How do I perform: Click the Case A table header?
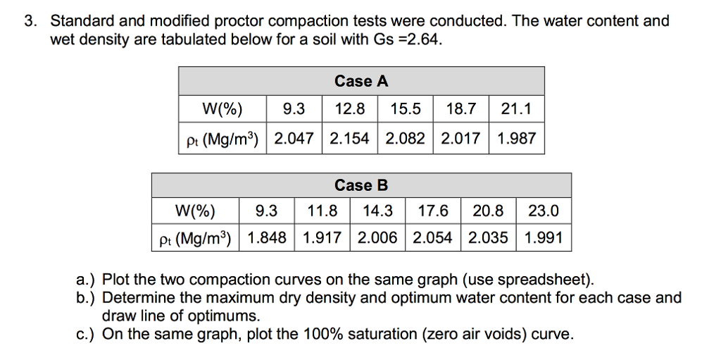[x=361, y=82]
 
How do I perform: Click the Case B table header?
[x=361, y=186]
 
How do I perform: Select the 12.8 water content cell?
[x=350, y=109]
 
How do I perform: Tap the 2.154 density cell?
[x=350, y=139]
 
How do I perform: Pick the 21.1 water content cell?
[x=516, y=109]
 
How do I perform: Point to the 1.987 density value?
[x=516, y=139]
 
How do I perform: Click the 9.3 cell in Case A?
[x=294, y=109]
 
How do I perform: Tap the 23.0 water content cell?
[x=544, y=210]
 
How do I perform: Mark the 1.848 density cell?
[x=268, y=238]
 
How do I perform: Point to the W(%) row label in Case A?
[x=221, y=109]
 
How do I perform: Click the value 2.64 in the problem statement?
[x=424, y=38]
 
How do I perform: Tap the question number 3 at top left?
[x=29, y=21]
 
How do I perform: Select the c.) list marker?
[x=87, y=333]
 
